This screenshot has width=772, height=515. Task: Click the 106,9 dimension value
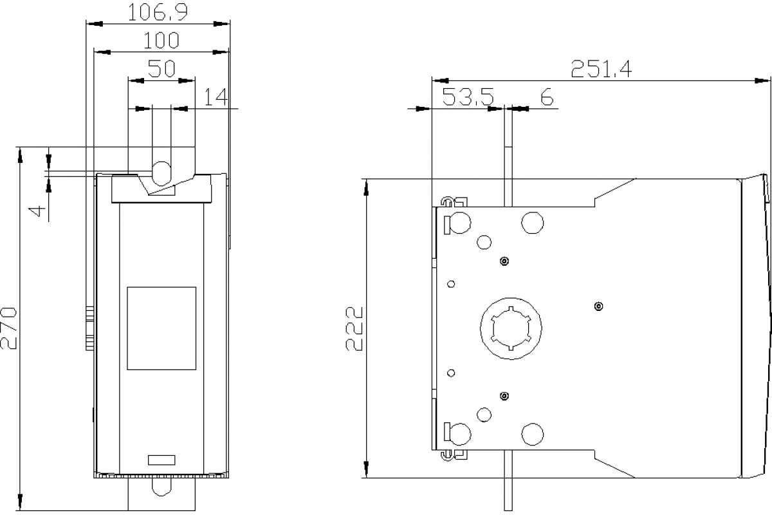[158, 14]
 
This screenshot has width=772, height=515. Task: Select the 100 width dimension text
[161, 41]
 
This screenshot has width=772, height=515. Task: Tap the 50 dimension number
[161, 69]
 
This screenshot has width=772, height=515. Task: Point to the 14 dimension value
[216, 97]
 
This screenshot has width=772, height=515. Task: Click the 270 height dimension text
[10, 328]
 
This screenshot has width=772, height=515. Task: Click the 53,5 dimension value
[468, 97]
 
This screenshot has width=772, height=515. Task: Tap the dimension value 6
[547, 97]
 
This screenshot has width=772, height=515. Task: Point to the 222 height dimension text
[354, 328]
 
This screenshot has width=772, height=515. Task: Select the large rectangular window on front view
[161, 328]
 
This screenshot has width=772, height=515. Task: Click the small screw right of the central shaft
[599, 306]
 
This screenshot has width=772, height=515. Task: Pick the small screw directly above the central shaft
[504, 261]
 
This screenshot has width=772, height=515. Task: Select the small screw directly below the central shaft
[504, 395]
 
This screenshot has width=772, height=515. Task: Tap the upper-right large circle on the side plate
[532, 222]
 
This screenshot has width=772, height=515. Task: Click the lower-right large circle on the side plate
[532, 434]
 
